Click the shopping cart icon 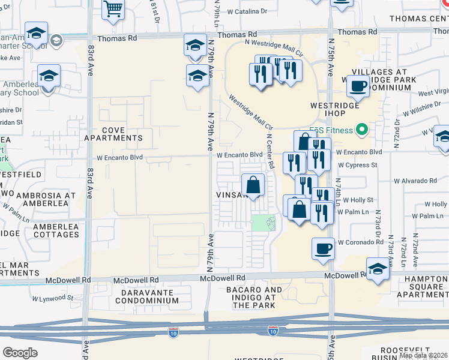pos(113,10)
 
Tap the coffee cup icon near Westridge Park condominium pos(358,86)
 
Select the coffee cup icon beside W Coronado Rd pos(323,248)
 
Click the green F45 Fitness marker pos(361,130)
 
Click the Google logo pos(20,352)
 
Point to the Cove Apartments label pos(113,134)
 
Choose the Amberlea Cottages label pos(56,230)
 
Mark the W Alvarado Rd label pos(415,181)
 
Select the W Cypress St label pos(357,164)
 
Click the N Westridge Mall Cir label pos(270,46)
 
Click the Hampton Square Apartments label pos(417,290)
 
